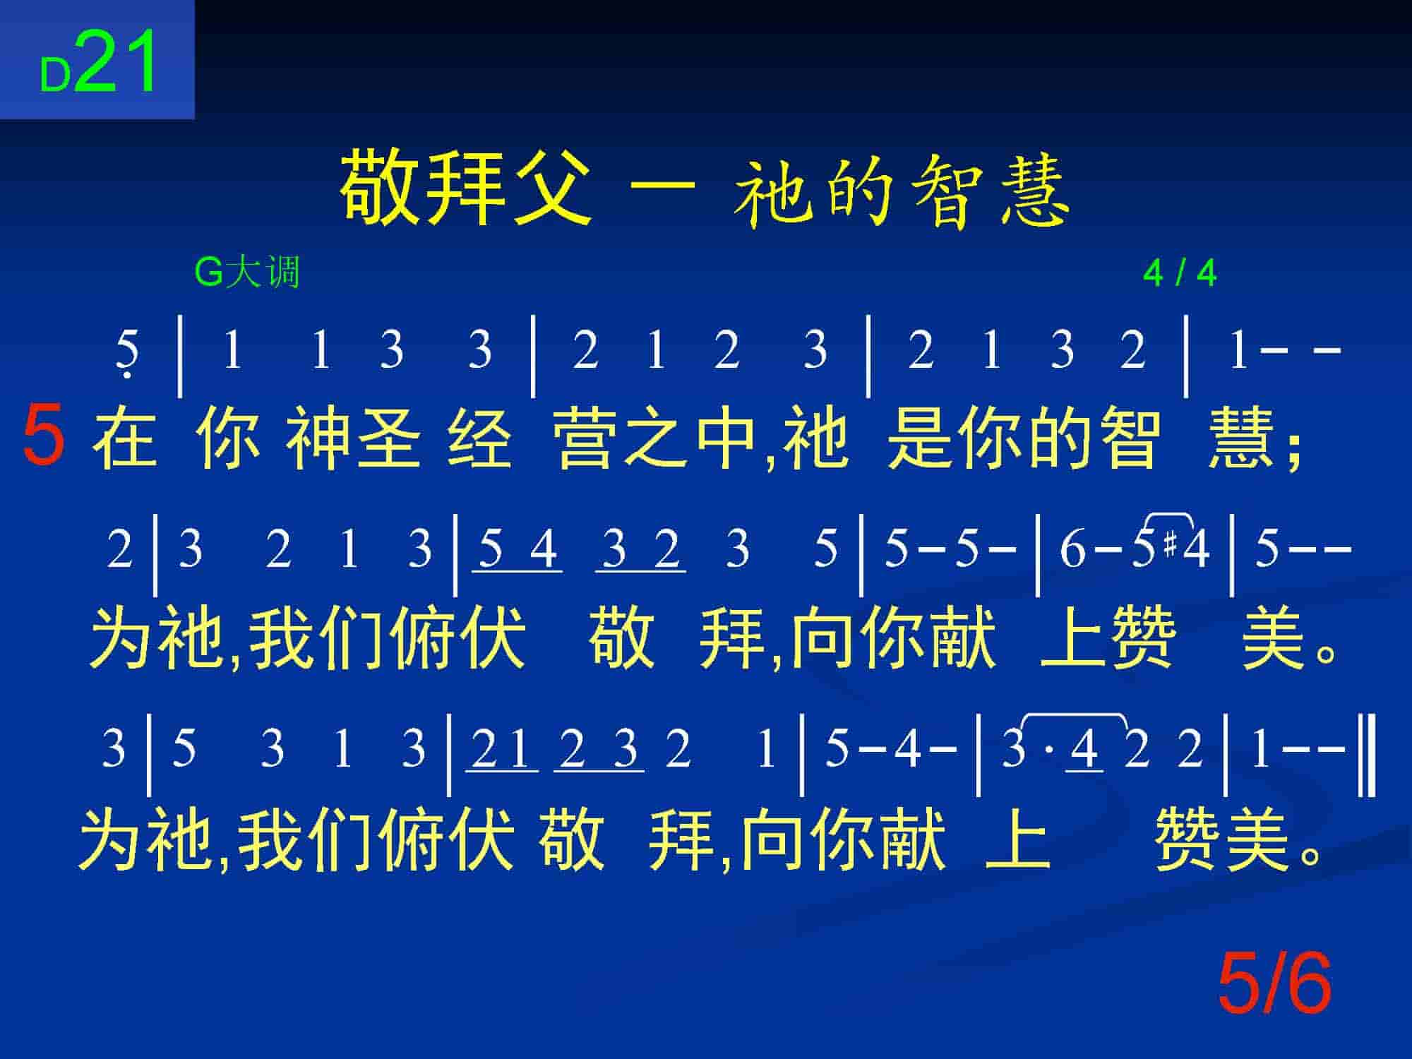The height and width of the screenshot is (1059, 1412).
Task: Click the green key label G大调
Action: (247, 273)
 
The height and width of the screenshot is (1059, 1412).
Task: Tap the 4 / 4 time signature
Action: (1180, 273)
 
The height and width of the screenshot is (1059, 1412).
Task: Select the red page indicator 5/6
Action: (1275, 983)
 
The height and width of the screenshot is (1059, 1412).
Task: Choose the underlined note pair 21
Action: (501, 750)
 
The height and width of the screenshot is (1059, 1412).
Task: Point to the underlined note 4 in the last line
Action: (1084, 750)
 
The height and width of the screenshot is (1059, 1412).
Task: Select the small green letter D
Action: (55, 75)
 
